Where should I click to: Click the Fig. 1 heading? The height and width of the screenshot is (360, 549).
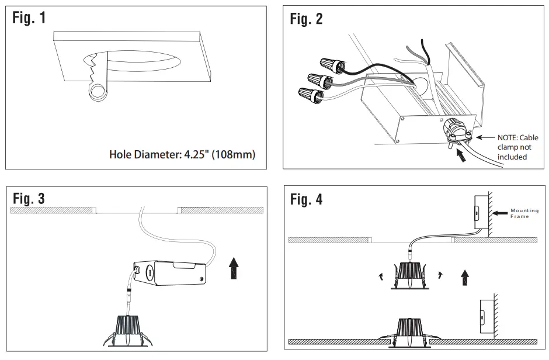(x=30, y=18)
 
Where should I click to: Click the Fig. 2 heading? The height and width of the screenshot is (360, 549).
(x=306, y=19)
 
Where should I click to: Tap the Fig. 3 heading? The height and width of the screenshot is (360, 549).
(x=29, y=199)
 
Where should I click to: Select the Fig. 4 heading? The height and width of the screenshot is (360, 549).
(x=306, y=199)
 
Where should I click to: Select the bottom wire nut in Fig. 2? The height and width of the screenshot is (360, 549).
(x=310, y=92)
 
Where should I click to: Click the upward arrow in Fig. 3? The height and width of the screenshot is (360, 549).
(x=234, y=268)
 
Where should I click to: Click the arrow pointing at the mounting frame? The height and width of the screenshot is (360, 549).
(x=501, y=213)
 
